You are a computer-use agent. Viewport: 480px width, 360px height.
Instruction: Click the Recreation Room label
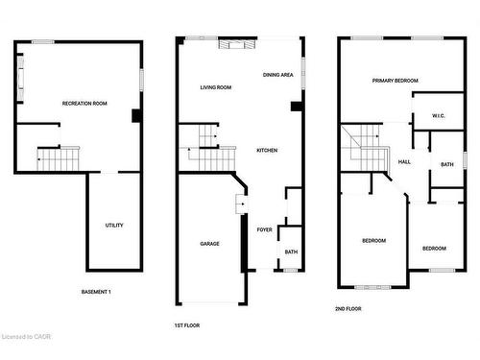84,103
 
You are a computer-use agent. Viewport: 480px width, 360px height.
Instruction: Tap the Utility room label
114,226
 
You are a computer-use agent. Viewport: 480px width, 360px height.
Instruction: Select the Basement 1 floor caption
96,291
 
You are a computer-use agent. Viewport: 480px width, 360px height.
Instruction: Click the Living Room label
216,87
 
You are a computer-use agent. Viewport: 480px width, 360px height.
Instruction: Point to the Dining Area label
278,74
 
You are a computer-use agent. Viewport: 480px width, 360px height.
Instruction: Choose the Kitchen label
267,151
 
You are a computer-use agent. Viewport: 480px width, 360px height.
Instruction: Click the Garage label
209,243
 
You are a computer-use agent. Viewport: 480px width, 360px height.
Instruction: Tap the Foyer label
264,230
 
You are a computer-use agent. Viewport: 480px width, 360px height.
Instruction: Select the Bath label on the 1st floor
290,252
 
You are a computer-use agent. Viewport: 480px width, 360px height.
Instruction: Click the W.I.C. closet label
439,116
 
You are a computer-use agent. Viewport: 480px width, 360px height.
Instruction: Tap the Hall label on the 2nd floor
404,161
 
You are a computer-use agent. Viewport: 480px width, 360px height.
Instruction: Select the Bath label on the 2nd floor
447,164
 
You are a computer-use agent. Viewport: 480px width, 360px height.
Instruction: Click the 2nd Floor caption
348,308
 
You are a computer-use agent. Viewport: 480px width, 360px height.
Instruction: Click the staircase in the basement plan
57,158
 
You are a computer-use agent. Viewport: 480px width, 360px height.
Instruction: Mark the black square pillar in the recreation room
137,116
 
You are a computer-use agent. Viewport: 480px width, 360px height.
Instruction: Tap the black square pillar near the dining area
297,107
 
